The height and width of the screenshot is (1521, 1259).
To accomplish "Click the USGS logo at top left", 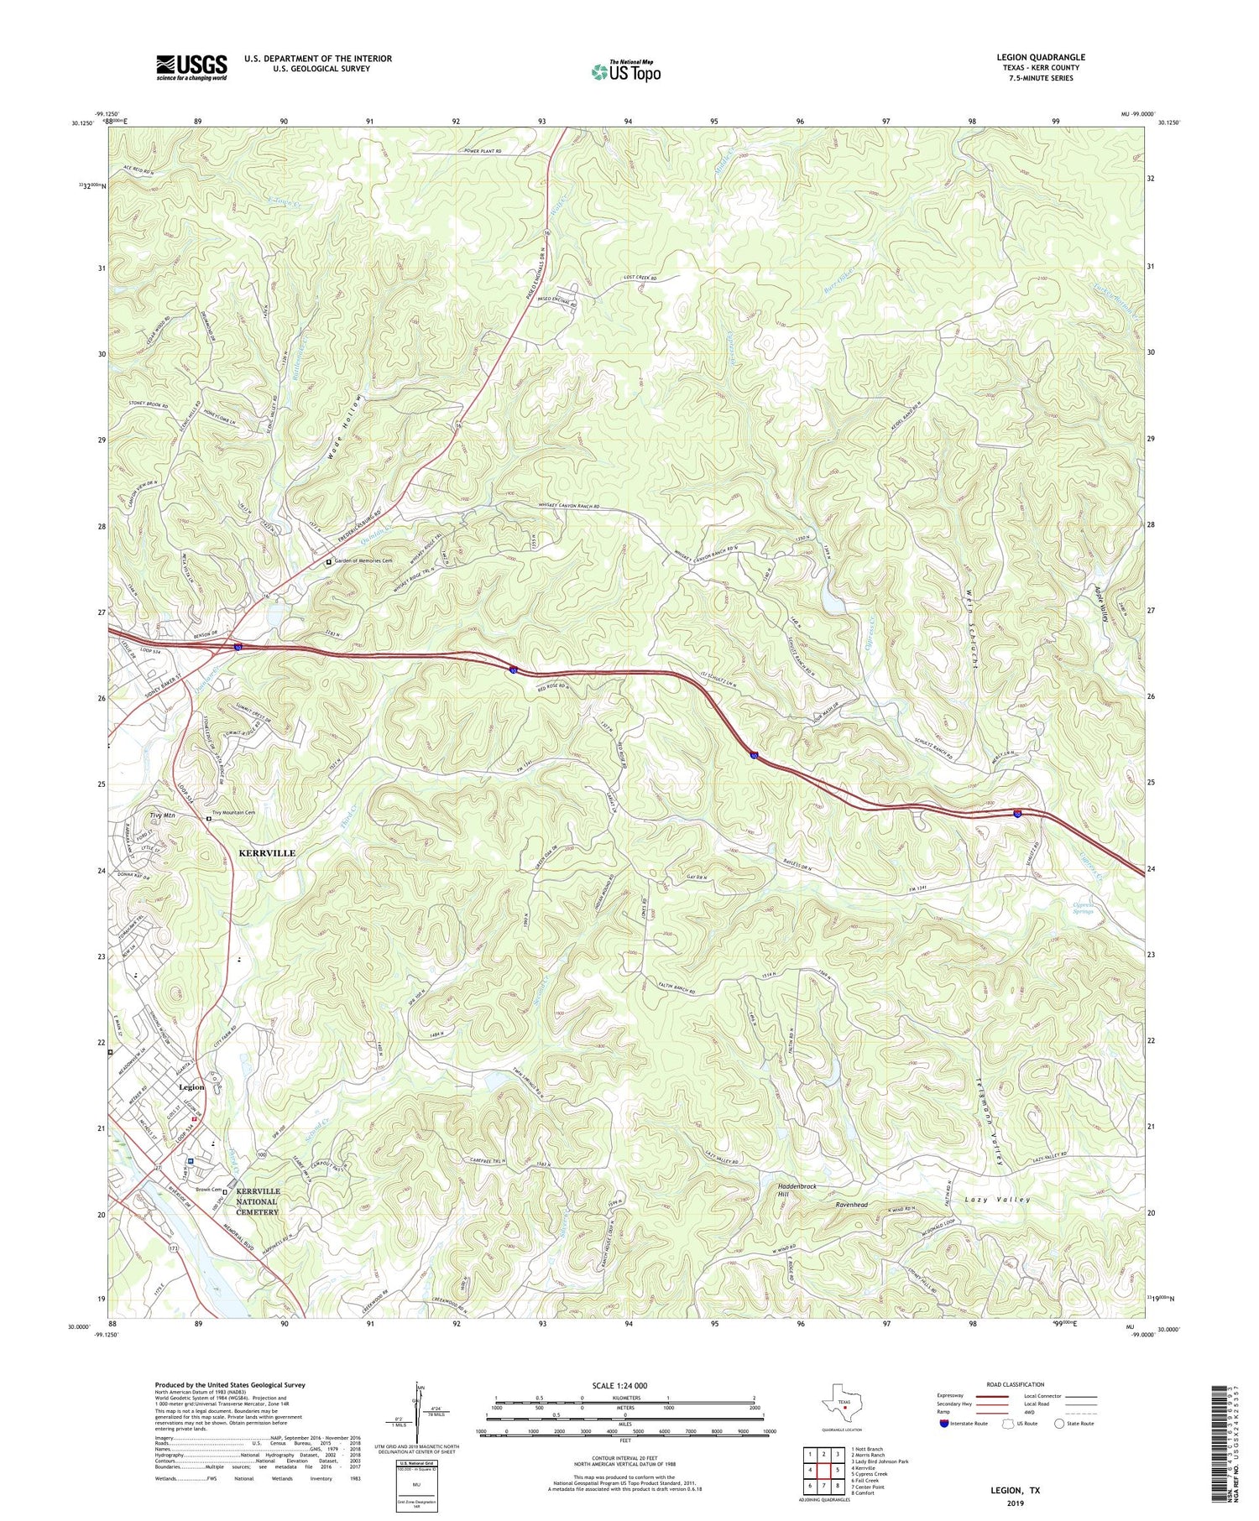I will click(191, 67).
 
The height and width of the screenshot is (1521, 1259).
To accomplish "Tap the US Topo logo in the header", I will click(625, 71).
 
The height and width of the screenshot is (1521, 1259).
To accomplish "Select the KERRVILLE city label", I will click(267, 852).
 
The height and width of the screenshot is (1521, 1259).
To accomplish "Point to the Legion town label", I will click(191, 1087).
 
